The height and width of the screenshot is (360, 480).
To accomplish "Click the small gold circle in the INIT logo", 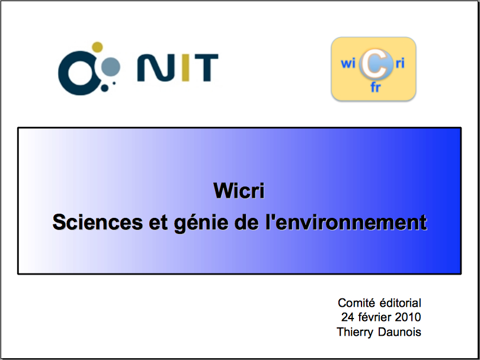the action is [x=97, y=47].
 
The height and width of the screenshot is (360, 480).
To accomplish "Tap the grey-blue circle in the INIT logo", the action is [x=110, y=66].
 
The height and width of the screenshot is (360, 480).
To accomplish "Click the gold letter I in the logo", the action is [x=185, y=67].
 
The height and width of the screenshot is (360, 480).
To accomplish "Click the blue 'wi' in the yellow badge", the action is [x=348, y=63].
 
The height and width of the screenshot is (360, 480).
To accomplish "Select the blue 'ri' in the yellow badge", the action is [x=400, y=63].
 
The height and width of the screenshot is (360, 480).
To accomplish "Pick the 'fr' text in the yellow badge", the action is [x=376, y=87].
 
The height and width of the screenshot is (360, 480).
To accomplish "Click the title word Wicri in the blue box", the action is [x=239, y=191].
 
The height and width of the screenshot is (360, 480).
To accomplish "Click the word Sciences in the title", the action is [x=98, y=222].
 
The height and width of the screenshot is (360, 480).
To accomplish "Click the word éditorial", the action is [x=401, y=303].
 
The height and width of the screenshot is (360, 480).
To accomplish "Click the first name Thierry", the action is [x=355, y=332].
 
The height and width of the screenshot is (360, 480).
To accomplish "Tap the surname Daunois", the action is [x=399, y=332].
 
